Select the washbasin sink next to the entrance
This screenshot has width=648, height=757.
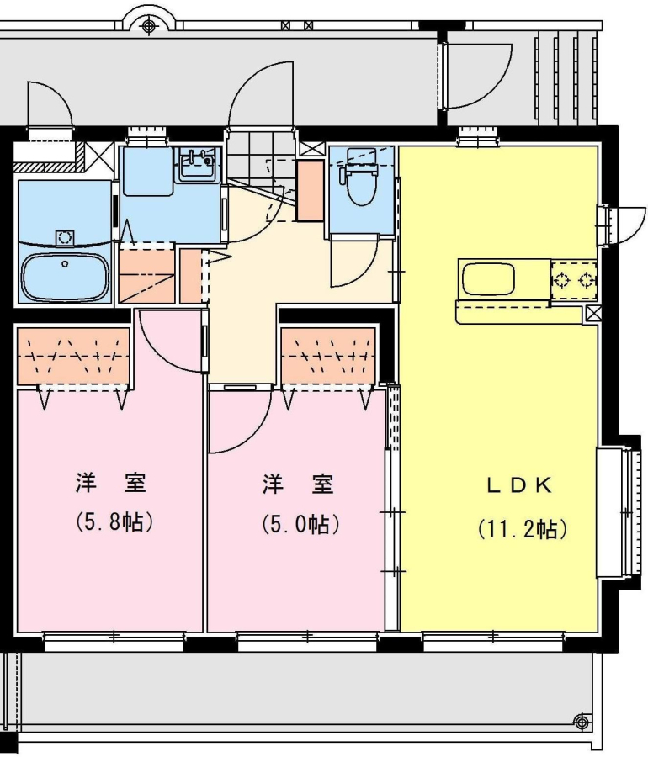pos(197,165)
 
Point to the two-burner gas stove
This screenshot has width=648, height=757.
pos(573,279)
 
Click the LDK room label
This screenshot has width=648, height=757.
pos(519,485)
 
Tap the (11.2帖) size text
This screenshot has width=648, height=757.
pos(522,530)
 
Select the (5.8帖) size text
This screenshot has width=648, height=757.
pos(114,522)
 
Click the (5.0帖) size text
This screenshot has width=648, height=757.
pos(300,524)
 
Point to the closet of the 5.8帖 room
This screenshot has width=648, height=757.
pos(73,357)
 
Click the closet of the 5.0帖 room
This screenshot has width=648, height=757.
pos(328,357)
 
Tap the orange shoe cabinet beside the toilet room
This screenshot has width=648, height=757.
pos(310,191)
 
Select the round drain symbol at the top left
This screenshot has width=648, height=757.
pos(149,24)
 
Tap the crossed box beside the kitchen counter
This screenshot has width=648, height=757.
pos(593,315)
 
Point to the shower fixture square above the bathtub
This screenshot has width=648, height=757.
pos(64,237)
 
